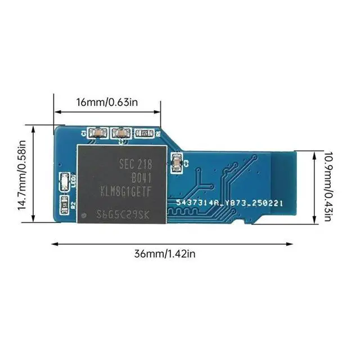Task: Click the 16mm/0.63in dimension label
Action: (x=107, y=102)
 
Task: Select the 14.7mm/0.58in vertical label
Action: (x=22, y=175)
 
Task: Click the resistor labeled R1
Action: (x=143, y=134)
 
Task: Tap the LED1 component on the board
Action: (x=64, y=181)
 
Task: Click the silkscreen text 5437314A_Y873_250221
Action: (x=228, y=202)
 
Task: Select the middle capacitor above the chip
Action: (x=119, y=133)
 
